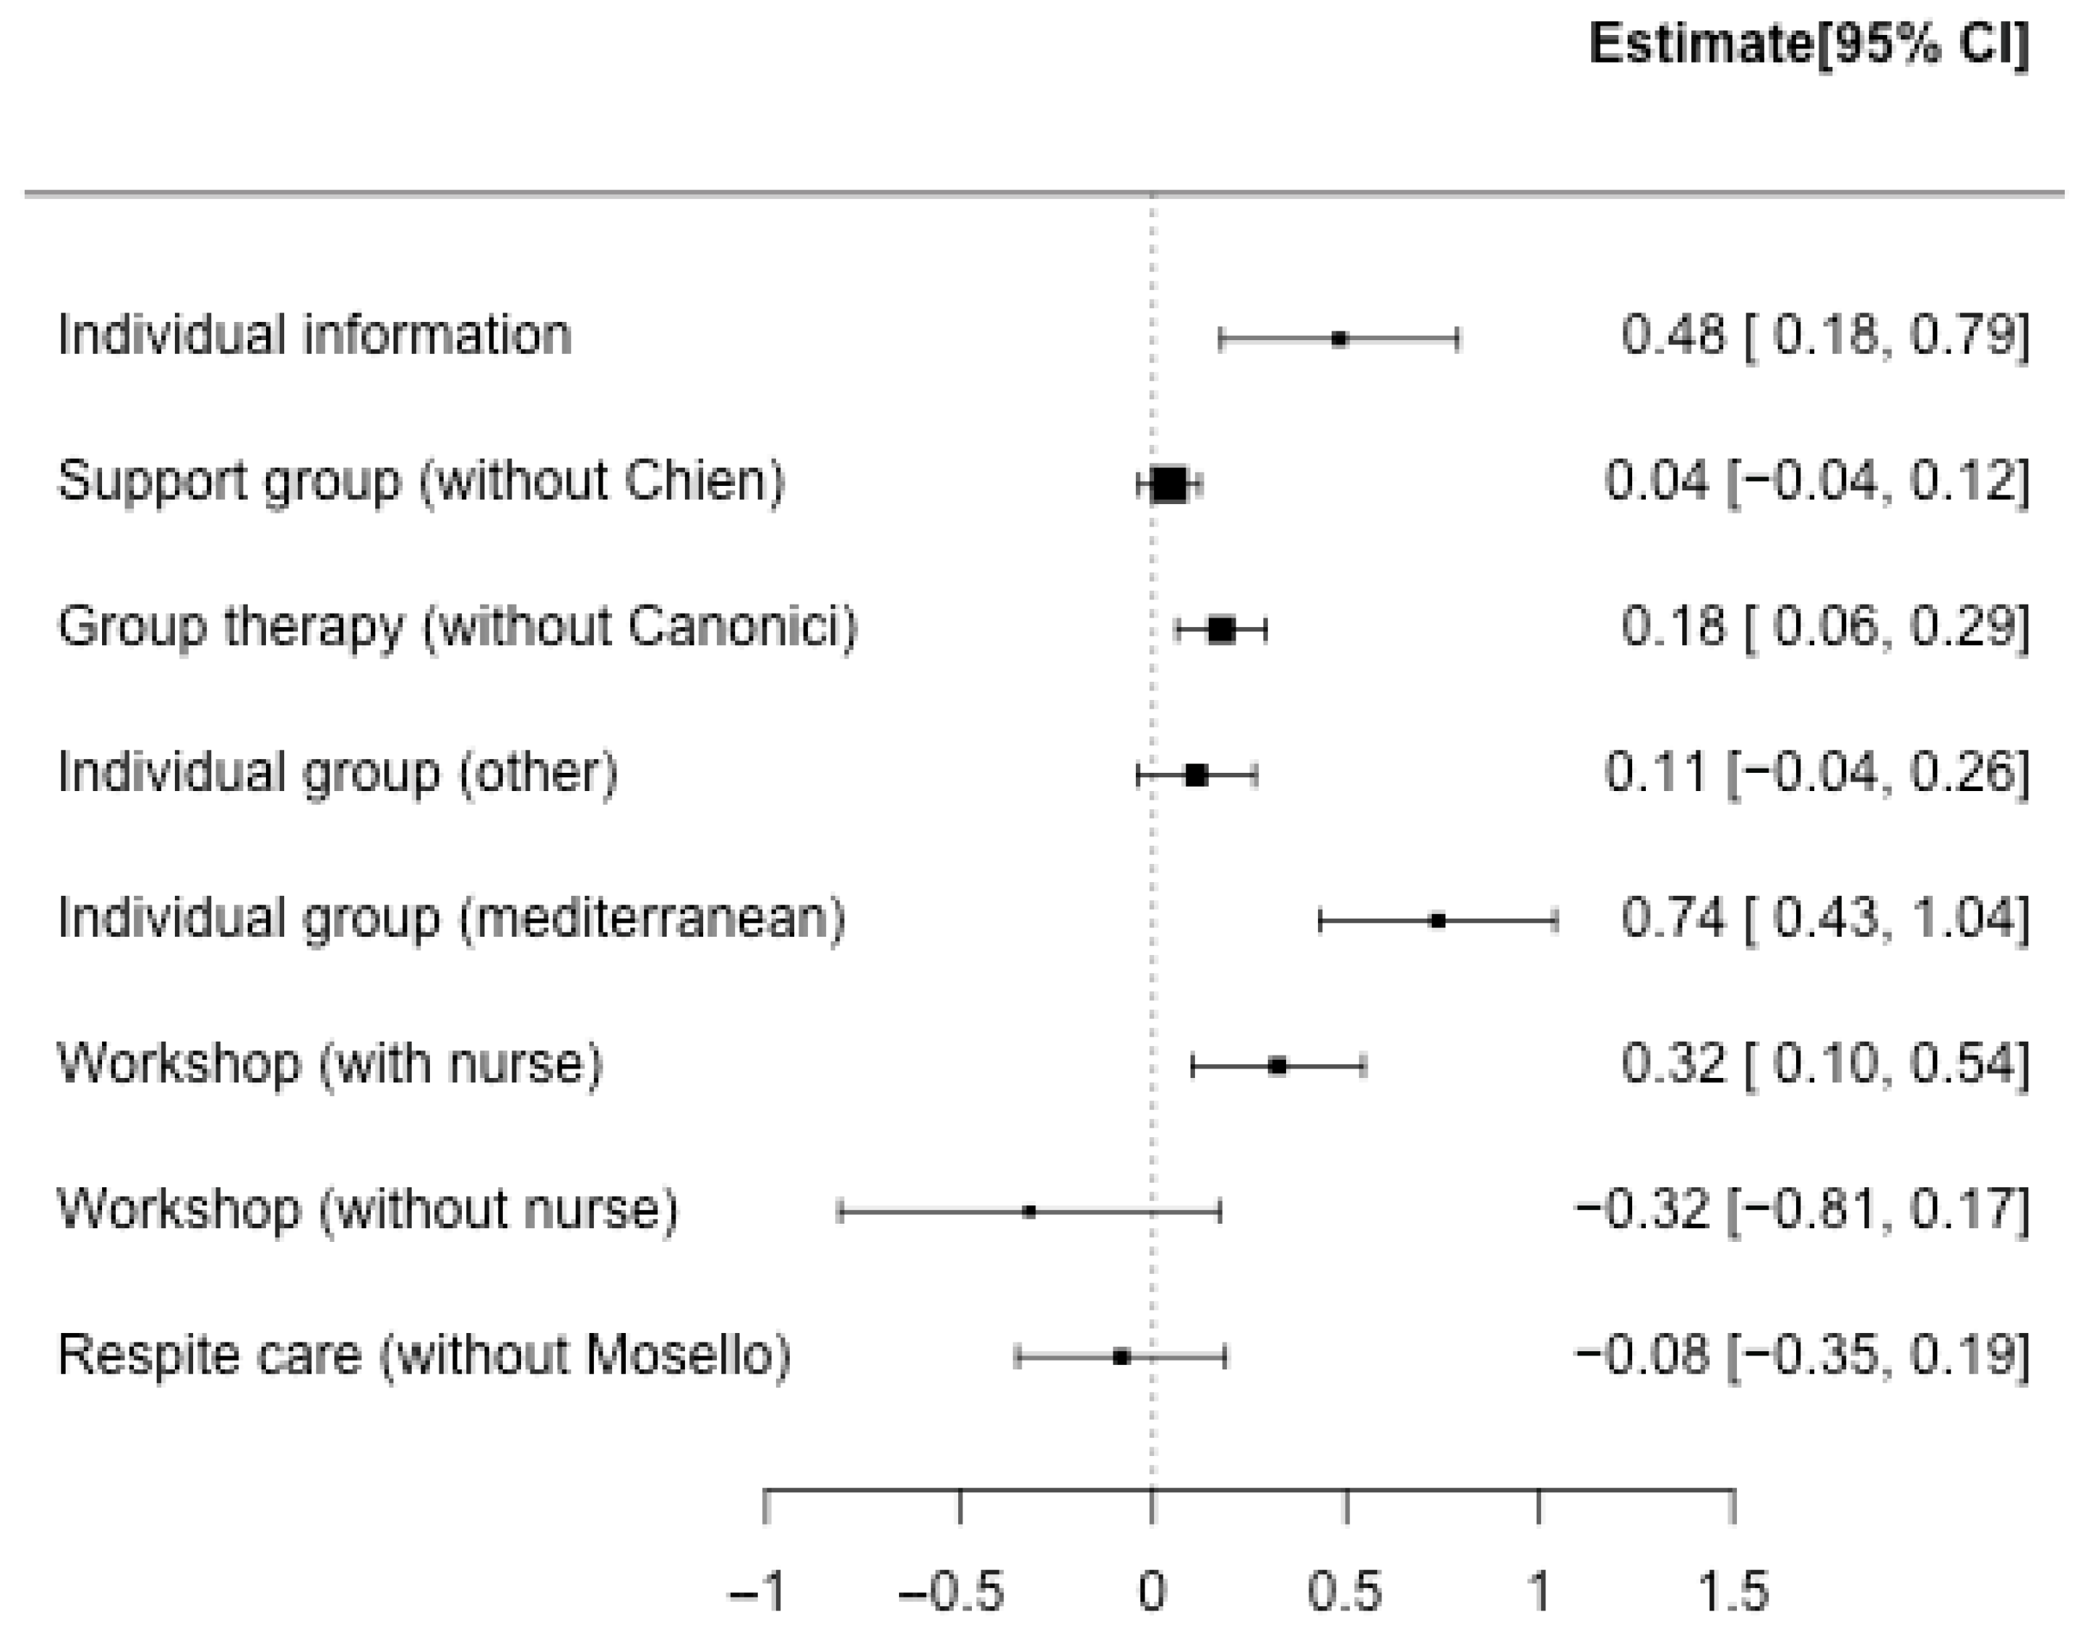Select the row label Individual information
tap(315, 336)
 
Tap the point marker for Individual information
tap(1339, 339)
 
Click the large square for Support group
tap(1169, 484)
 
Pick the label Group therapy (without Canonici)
tap(458, 628)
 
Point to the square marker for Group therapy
tap(1222, 631)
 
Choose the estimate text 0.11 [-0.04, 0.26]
tap(1816, 773)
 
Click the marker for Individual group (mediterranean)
tap(1438, 921)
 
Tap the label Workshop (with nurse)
tap(330, 1065)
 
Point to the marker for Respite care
tap(1121, 1357)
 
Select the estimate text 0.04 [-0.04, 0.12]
tap(1816, 481)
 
